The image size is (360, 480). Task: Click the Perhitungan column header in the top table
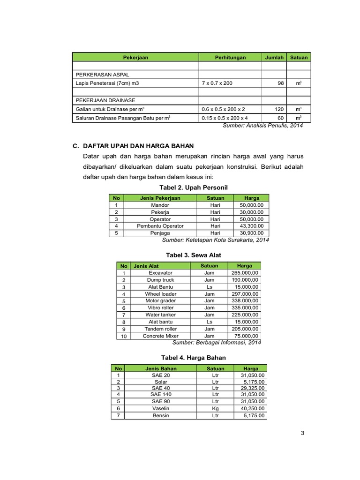pos(230,58)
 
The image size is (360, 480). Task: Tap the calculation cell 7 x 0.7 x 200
pos(217,83)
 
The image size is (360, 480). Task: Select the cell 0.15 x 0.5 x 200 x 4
pos(225,118)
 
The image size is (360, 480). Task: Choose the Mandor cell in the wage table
pos(160,205)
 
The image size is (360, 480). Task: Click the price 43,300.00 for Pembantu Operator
pos(251,226)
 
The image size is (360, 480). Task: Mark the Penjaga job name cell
pos(160,233)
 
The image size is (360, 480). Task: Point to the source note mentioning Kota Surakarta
pos(216,240)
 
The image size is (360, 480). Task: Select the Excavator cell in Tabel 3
pos(160,273)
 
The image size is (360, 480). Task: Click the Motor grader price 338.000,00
pos(244,301)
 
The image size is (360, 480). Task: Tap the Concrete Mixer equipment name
pos(160,336)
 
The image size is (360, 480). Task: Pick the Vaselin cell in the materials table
pos(160,409)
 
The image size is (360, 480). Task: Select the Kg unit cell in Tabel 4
pos(215,409)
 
